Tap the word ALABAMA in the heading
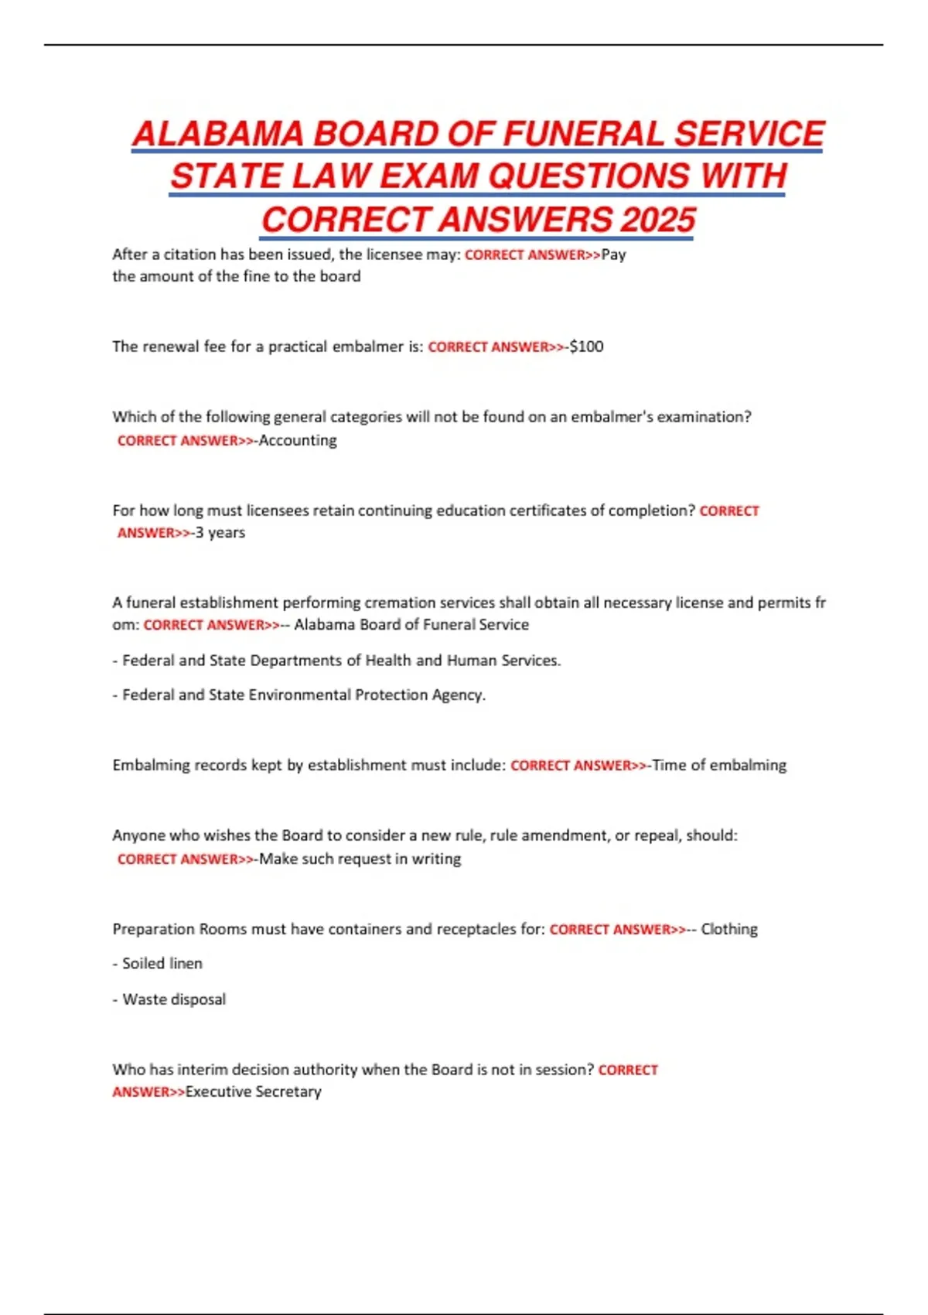point(218,135)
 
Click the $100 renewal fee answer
point(587,347)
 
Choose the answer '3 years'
point(220,532)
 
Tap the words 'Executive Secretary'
point(254,1091)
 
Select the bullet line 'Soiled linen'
point(162,963)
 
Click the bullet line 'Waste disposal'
point(174,999)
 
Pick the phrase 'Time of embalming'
point(719,765)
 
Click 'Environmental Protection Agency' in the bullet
point(367,695)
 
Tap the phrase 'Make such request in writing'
point(360,859)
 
